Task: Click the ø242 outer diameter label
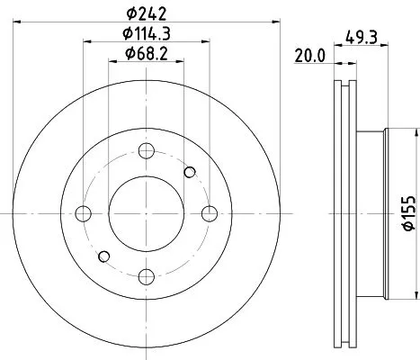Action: pyautogui.click(x=147, y=13)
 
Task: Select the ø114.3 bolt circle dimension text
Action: pyautogui.click(x=147, y=36)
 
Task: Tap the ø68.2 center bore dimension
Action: pyautogui.click(x=147, y=56)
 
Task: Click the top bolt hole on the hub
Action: pyautogui.click(x=147, y=150)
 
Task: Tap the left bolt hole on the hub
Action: pyautogui.click(x=84, y=213)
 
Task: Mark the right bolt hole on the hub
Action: pyautogui.click(x=210, y=213)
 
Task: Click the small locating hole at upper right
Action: pyautogui.click(x=189, y=172)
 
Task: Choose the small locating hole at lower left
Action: pyautogui.click(x=105, y=256)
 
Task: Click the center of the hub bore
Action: pyautogui.click(x=147, y=213)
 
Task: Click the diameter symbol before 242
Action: pyautogui.click(x=130, y=13)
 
